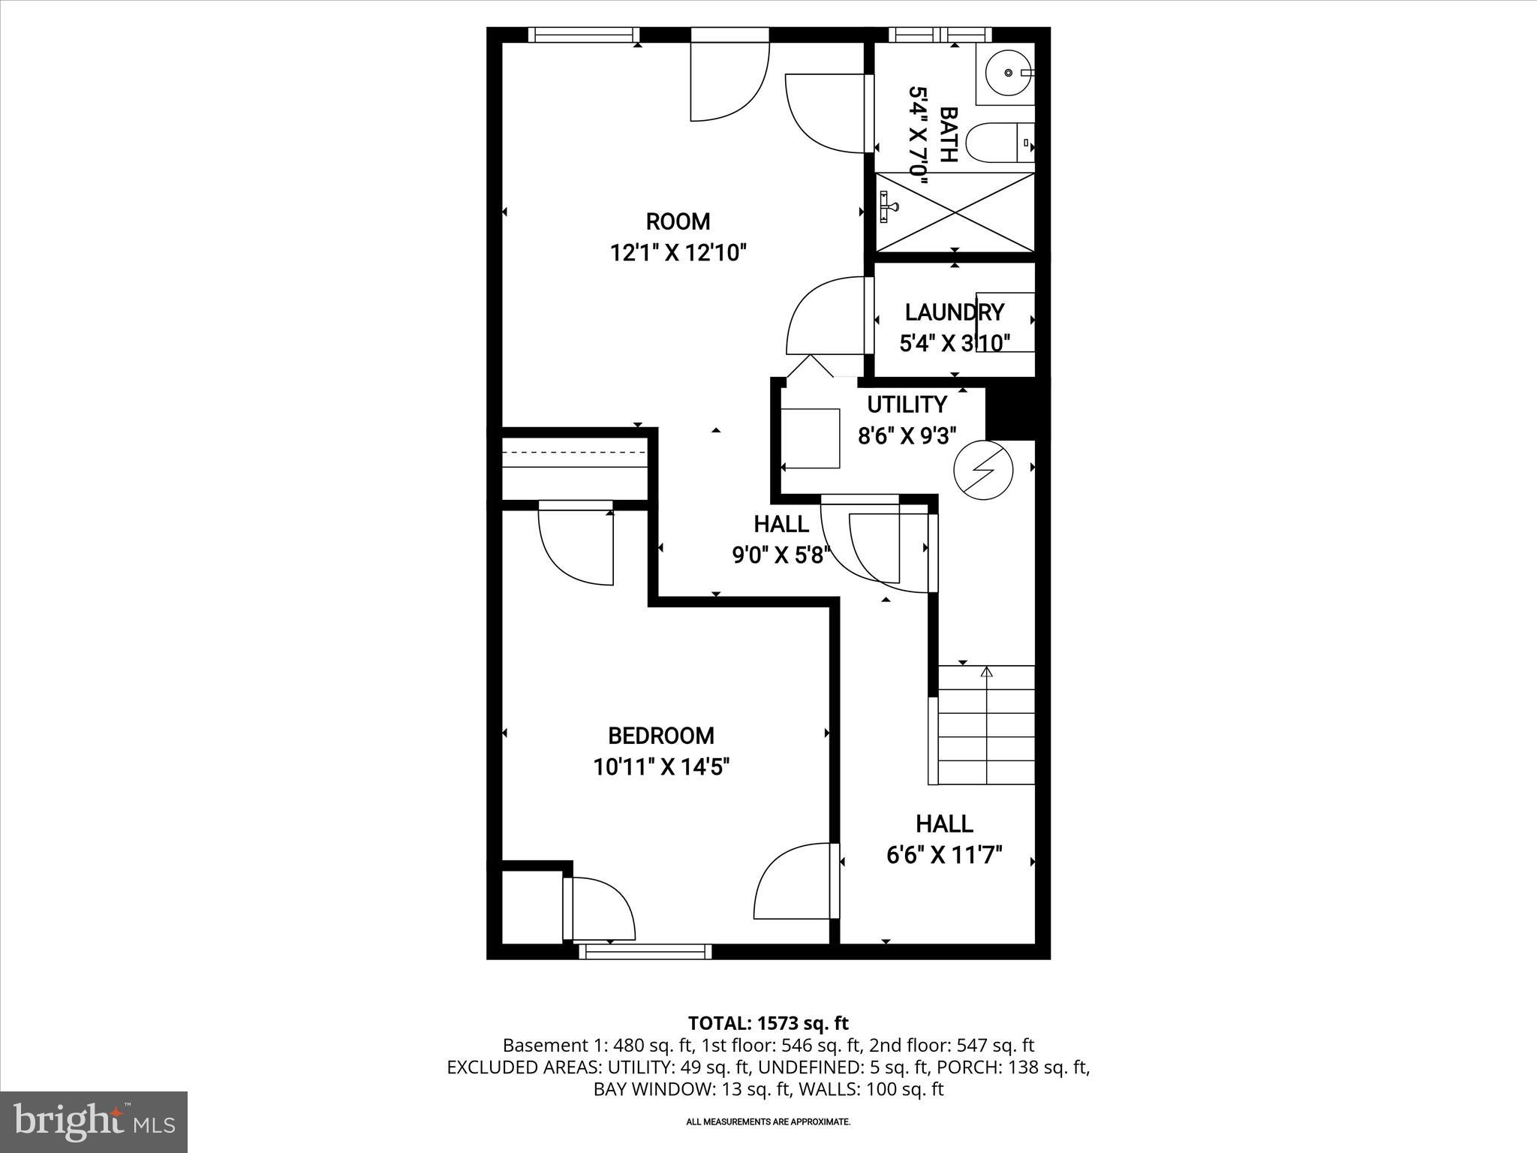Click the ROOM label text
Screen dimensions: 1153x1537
[678, 222]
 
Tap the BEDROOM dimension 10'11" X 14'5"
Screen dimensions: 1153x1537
[661, 767]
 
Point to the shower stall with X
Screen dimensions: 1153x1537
[955, 212]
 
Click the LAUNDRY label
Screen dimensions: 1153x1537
[954, 312]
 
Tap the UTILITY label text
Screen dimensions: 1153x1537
[907, 405]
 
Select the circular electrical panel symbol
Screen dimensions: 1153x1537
[982, 470]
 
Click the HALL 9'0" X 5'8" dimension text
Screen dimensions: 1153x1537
[781, 555]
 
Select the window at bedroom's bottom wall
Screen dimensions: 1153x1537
[645, 952]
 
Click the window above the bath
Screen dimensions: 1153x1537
[940, 35]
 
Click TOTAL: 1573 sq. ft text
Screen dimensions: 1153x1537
[768, 1023]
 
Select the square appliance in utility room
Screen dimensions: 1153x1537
[811, 438]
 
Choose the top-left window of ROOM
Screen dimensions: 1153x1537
[583, 35]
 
